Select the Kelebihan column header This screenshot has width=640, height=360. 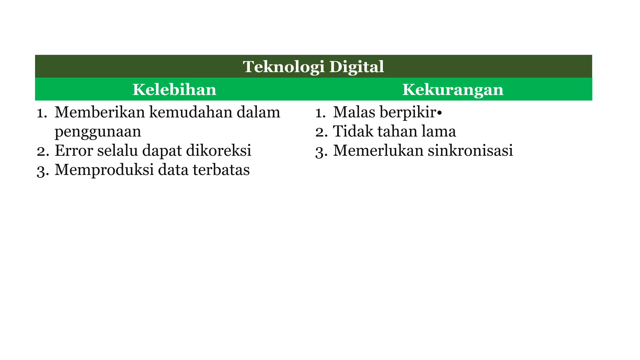(x=174, y=90)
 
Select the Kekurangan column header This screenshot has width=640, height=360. (x=453, y=90)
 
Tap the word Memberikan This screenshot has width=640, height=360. (x=100, y=112)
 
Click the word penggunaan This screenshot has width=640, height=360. (x=98, y=132)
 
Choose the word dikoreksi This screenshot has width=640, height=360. (x=218, y=151)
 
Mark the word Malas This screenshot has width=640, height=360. (x=354, y=112)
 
